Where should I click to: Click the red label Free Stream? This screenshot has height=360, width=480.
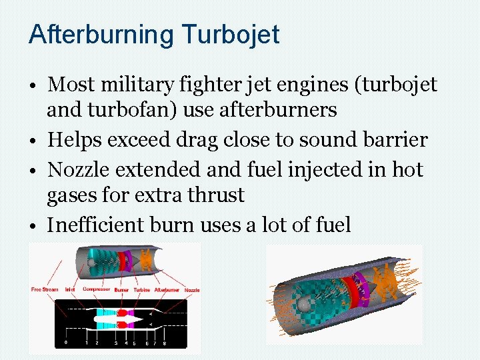point(45,289)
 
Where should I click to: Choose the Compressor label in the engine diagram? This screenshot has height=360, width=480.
point(97,289)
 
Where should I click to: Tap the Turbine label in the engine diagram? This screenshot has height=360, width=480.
point(142,289)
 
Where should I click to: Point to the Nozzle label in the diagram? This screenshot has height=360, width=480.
point(192,289)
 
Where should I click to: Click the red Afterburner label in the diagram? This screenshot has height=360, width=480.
point(167,289)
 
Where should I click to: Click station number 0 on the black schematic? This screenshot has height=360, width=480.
point(65,343)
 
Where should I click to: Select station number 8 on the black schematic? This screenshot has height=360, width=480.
point(164,343)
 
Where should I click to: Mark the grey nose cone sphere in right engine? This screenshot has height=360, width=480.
point(305,305)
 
